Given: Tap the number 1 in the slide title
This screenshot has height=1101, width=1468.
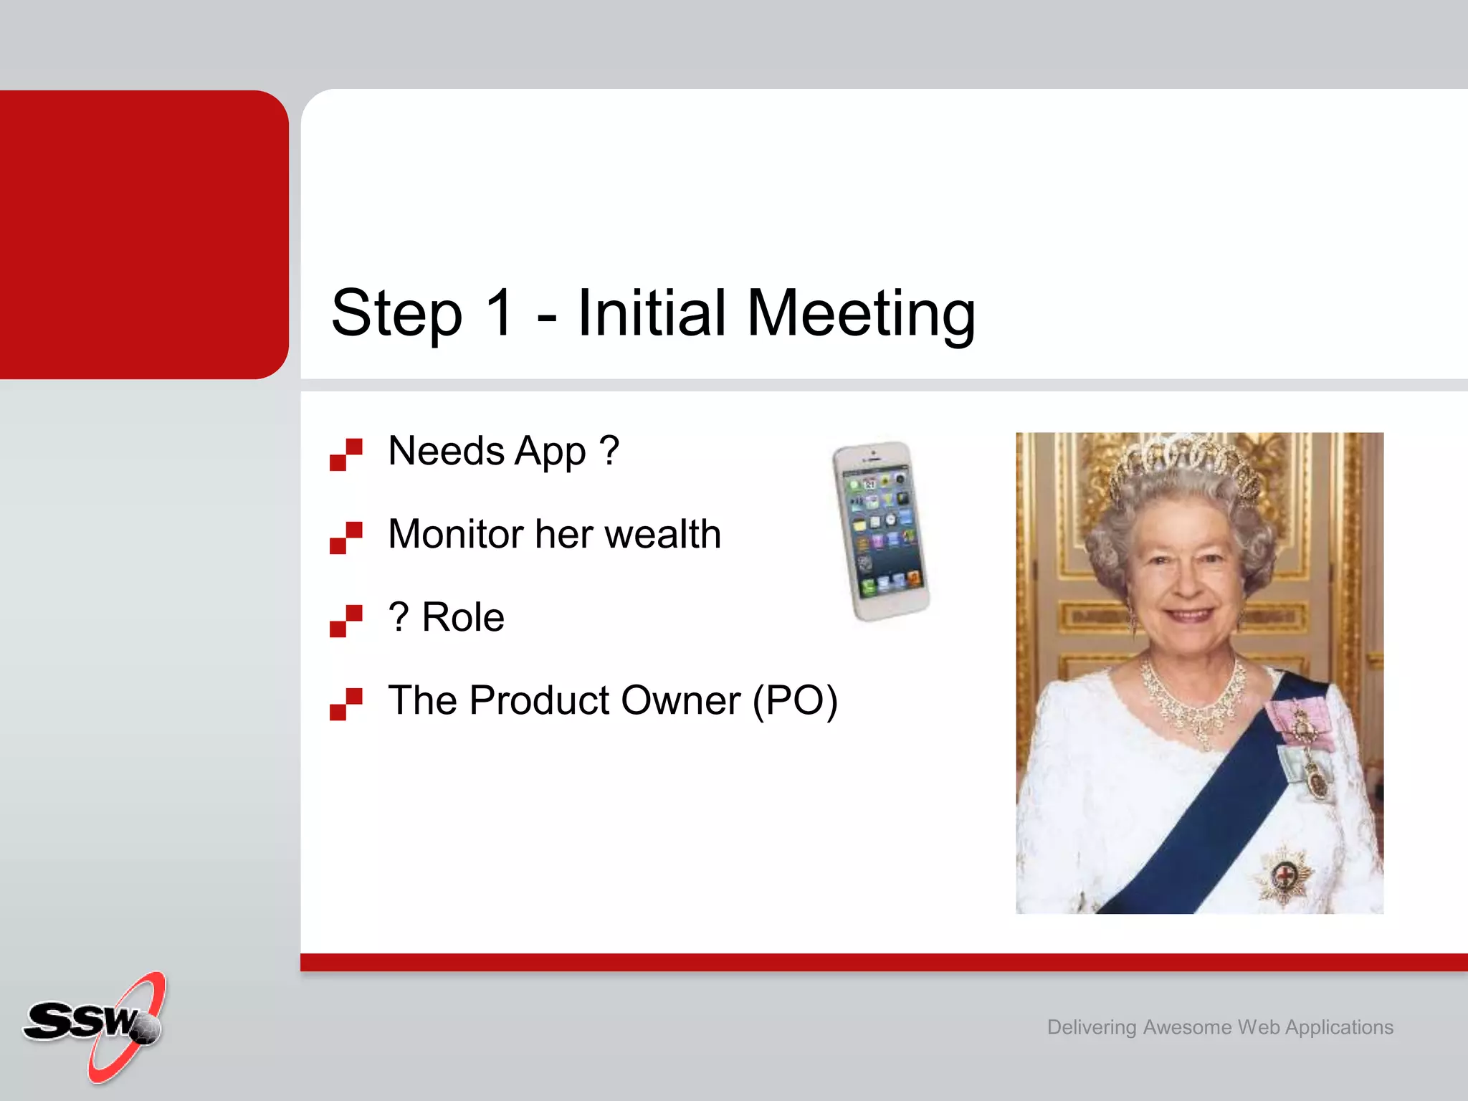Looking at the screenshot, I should [x=500, y=313].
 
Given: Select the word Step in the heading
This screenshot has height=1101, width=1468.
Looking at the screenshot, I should [x=396, y=314].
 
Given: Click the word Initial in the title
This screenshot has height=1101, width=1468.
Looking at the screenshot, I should [x=652, y=313].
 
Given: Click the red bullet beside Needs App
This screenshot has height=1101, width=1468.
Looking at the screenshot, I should [x=346, y=454].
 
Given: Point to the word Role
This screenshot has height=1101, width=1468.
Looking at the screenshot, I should [x=463, y=617].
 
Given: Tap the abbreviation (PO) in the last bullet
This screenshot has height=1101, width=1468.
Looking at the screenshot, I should [x=795, y=701].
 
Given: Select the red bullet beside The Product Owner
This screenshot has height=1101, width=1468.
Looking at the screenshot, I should [x=346, y=704].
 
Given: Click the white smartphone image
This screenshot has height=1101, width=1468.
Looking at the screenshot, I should [x=881, y=531].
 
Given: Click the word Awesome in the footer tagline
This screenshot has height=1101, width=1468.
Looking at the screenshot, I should [x=1187, y=1027].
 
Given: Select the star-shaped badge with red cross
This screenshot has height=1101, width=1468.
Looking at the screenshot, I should [x=1284, y=875].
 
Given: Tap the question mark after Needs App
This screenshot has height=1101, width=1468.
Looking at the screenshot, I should [x=609, y=451].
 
